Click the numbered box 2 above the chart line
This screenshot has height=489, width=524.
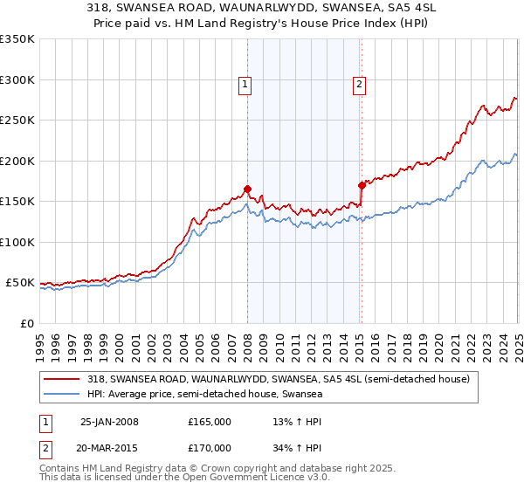click(359, 85)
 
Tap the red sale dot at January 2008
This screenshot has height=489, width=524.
click(247, 189)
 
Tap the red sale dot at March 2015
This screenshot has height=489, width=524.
click(362, 185)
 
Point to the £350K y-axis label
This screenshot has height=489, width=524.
click(17, 39)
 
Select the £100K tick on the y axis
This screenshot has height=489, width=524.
click(17, 242)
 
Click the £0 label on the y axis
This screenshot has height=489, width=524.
click(27, 323)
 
